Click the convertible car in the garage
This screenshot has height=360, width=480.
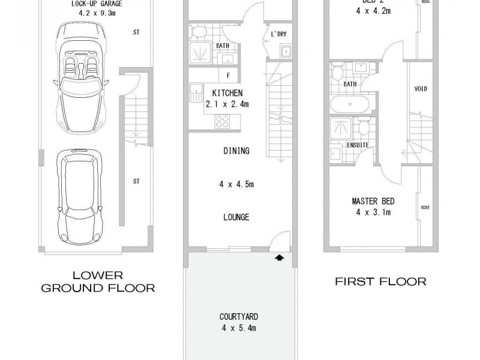(81, 78)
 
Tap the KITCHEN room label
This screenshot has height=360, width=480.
(227, 93)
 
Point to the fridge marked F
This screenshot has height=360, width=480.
(229, 75)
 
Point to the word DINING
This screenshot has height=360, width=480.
(236, 151)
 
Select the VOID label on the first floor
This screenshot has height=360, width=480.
(421, 89)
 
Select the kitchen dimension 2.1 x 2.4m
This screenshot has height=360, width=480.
(227, 104)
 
